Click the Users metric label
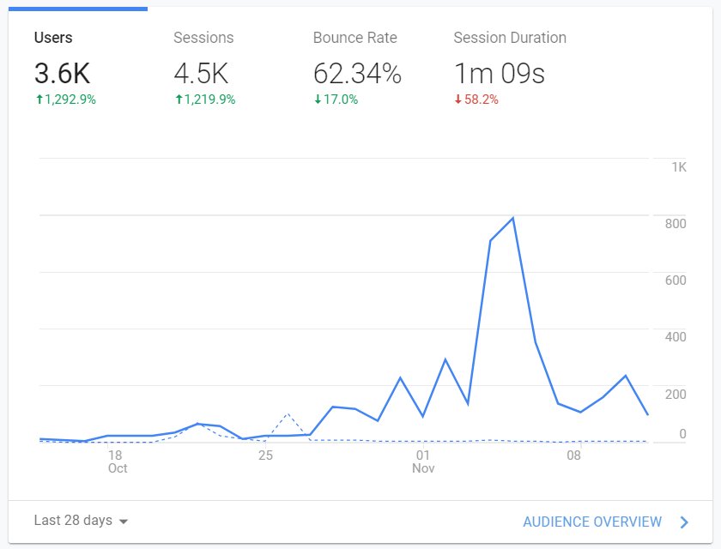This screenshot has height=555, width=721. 53,38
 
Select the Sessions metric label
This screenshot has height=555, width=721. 203,38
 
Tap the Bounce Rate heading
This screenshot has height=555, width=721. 355,38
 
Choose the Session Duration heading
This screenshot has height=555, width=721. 510,38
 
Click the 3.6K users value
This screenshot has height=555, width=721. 62,74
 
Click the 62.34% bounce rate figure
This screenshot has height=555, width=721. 357,74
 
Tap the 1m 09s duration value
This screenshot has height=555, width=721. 499,74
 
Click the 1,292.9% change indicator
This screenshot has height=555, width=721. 65,100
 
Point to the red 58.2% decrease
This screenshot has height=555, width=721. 476,100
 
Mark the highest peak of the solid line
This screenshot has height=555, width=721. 512,218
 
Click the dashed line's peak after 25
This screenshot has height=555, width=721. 288,414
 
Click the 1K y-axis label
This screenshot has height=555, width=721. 678,167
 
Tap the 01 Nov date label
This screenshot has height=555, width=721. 423,461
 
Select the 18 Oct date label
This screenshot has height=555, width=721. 117,461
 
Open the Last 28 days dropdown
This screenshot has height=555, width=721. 81,521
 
